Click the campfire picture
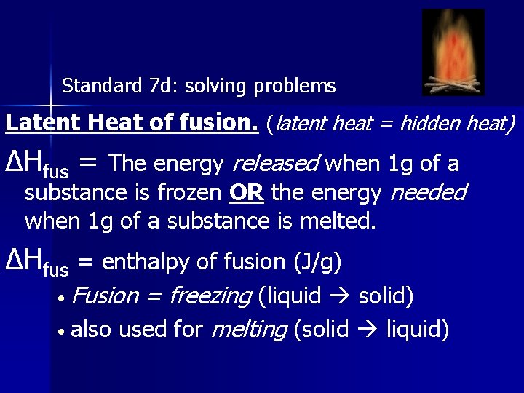[x=453, y=52]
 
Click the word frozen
[x=192, y=192]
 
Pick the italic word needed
[x=429, y=192]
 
